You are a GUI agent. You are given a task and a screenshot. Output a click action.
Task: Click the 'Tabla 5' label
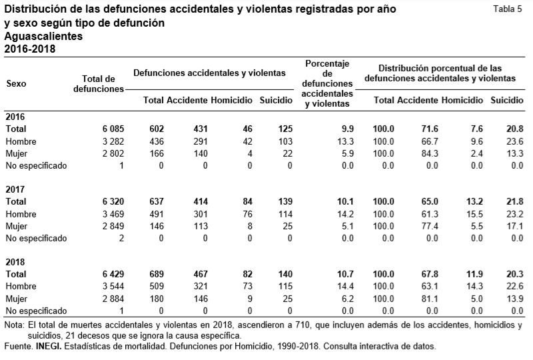(507, 9)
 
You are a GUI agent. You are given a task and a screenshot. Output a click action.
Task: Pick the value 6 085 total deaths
(111, 129)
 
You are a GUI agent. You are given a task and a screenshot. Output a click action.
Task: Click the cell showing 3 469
(111, 214)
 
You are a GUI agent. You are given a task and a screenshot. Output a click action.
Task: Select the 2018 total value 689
(155, 274)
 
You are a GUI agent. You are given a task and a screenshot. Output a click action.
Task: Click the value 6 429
(111, 274)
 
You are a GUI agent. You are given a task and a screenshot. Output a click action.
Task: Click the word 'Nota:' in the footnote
(14, 325)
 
